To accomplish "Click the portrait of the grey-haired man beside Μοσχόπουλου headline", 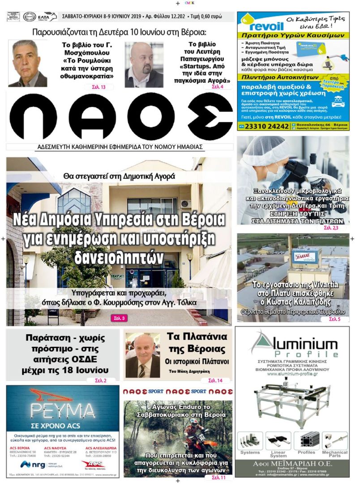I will [x=27, y=63].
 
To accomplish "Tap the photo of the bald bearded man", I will [x=144, y=65].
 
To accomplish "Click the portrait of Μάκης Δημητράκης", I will [x=142, y=356].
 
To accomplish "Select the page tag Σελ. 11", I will [x=219, y=477].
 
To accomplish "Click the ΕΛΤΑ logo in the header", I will [x=47, y=17].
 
